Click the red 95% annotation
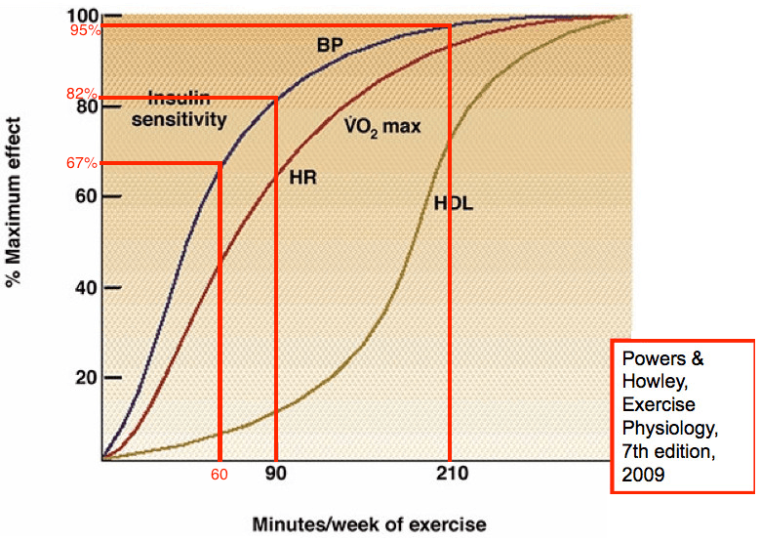84,30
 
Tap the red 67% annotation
84,163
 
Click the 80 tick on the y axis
85,105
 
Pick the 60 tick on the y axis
85,196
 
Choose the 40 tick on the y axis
85,287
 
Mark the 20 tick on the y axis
85,378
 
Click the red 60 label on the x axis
220,475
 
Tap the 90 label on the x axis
277,475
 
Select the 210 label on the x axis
450,475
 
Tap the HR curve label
304,177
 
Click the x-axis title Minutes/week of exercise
369,524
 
